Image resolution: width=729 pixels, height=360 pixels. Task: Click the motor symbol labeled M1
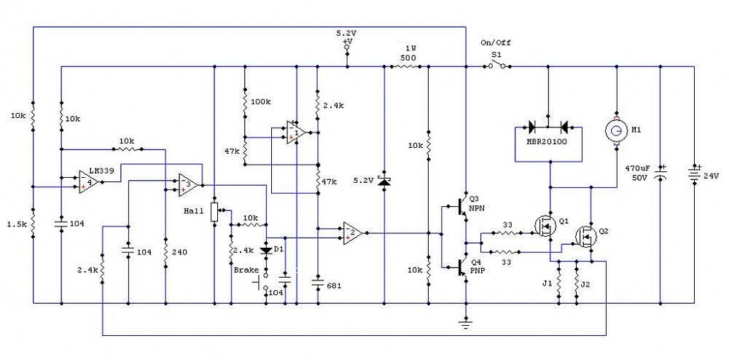point(617,130)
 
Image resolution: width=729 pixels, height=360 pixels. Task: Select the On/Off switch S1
point(497,66)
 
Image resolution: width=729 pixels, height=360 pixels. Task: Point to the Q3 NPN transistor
point(461,207)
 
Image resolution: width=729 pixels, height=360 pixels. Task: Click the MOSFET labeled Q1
point(546,226)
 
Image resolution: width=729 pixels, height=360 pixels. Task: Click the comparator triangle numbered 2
point(352,232)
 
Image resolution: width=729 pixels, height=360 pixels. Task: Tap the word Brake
point(245,270)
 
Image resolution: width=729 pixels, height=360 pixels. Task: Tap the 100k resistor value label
point(261,101)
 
